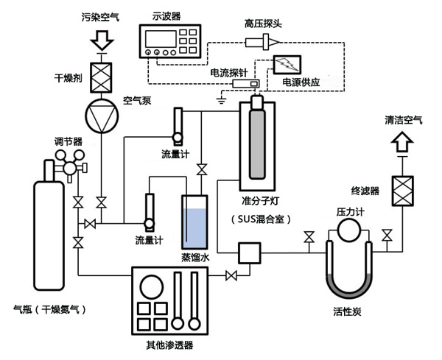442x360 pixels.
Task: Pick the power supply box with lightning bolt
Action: (x=284, y=64)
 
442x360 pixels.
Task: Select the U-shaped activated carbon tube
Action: (x=346, y=276)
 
